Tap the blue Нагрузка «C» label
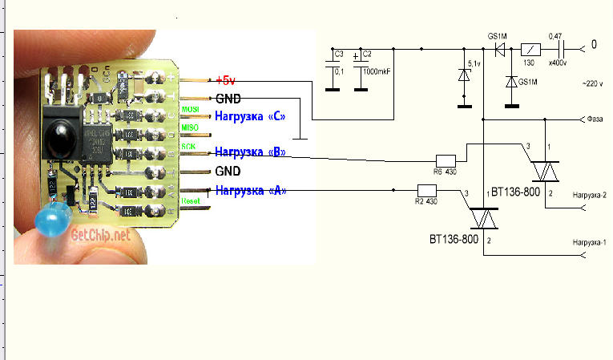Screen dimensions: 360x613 point(252,115)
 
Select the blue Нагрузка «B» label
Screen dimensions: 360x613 point(252,152)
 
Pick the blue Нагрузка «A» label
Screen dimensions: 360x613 point(252,190)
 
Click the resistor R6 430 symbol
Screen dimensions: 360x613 point(446,160)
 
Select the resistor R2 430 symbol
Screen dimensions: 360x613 point(426,191)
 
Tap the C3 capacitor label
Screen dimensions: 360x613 point(339,55)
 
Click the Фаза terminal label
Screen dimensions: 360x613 point(595,120)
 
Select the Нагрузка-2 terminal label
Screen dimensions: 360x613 point(589,195)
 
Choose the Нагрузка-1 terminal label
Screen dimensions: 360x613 point(589,241)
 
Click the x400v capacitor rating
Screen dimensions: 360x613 point(557,62)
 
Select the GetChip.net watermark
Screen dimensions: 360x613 point(100,235)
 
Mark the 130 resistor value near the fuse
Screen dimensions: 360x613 point(529,63)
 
